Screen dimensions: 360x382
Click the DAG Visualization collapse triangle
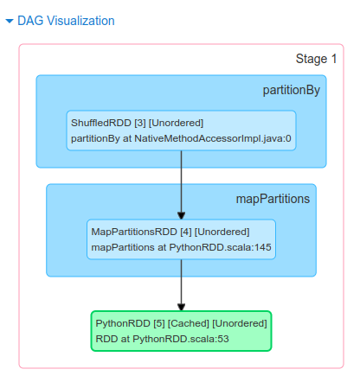click(x=10, y=21)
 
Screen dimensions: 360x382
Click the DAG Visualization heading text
click(x=66, y=21)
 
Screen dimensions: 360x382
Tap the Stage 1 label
click(x=316, y=59)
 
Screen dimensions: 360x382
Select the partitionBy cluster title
click(x=292, y=91)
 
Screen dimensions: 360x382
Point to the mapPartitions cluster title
click(x=273, y=199)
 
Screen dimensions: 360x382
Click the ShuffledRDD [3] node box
click(x=181, y=131)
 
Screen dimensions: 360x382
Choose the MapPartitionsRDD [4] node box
click(x=181, y=239)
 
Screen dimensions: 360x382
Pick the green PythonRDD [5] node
click(x=181, y=331)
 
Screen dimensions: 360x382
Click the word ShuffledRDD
click(x=101, y=123)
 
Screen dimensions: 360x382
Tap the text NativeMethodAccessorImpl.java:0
click(x=213, y=138)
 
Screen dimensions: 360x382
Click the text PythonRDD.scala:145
click(x=220, y=247)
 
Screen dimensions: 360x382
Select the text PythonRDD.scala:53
click(x=181, y=339)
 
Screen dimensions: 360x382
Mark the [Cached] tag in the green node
click(x=189, y=323)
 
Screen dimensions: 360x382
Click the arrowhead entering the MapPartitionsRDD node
click(x=181, y=215)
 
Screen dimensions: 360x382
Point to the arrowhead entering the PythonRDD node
click(x=181, y=307)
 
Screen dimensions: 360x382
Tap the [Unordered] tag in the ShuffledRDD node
click(x=176, y=123)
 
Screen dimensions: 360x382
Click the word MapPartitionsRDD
click(x=134, y=232)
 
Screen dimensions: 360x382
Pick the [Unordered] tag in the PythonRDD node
click(x=240, y=323)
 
